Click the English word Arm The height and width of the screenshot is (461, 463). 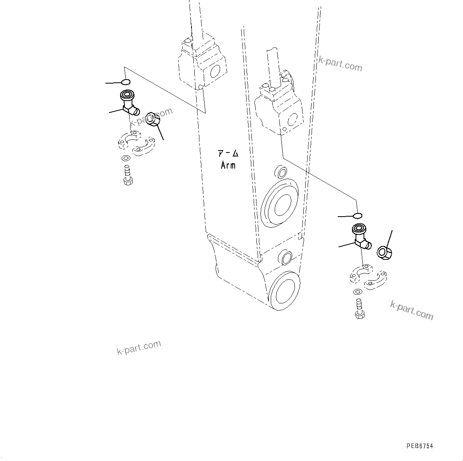click(x=228, y=166)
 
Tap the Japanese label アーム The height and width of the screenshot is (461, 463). click(x=229, y=154)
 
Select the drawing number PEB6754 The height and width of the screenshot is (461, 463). click(x=419, y=446)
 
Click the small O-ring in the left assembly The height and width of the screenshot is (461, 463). click(x=125, y=82)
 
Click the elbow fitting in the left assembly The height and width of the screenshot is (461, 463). click(x=129, y=103)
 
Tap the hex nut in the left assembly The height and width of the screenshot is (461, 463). click(x=153, y=119)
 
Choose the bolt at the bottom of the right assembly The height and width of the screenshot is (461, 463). click(x=359, y=309)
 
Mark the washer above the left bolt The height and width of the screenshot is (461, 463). click(x=126, y=159)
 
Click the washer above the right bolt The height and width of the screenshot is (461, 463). click(x=357, y=292)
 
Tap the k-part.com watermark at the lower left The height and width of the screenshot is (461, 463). click(x=139, y=348)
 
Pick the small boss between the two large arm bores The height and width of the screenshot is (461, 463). click(x=285, y=257)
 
